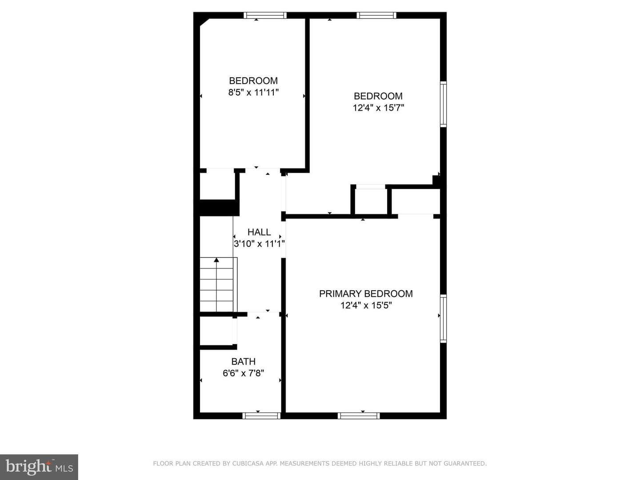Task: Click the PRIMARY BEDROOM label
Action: click(x=366, y=293)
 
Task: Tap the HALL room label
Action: click(x=259, y=232)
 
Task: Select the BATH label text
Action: click(x=243, y=361)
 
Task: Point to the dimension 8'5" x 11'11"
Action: click(x=253, y=93)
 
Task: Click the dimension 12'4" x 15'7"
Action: click(x=378, y=108)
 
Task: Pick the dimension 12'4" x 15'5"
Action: click(x=366, y=305)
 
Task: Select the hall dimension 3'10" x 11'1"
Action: click(x=259, y=244)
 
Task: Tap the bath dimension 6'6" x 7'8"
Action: click(x=243, y=373)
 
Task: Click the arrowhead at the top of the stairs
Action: click(x=216, y=260)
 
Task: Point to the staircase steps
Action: click(x=216, y=284)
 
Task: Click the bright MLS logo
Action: click(x=39, y=467)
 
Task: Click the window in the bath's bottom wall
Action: click(x=261, y=416)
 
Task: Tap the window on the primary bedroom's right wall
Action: click(x=443, y=318)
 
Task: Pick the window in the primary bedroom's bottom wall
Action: click(x=359, y=416)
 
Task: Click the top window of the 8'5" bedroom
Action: click(x=265, y=15)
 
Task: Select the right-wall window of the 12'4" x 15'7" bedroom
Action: click(x=443, y=104)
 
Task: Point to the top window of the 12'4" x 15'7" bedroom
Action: click(x=376, y=15)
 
